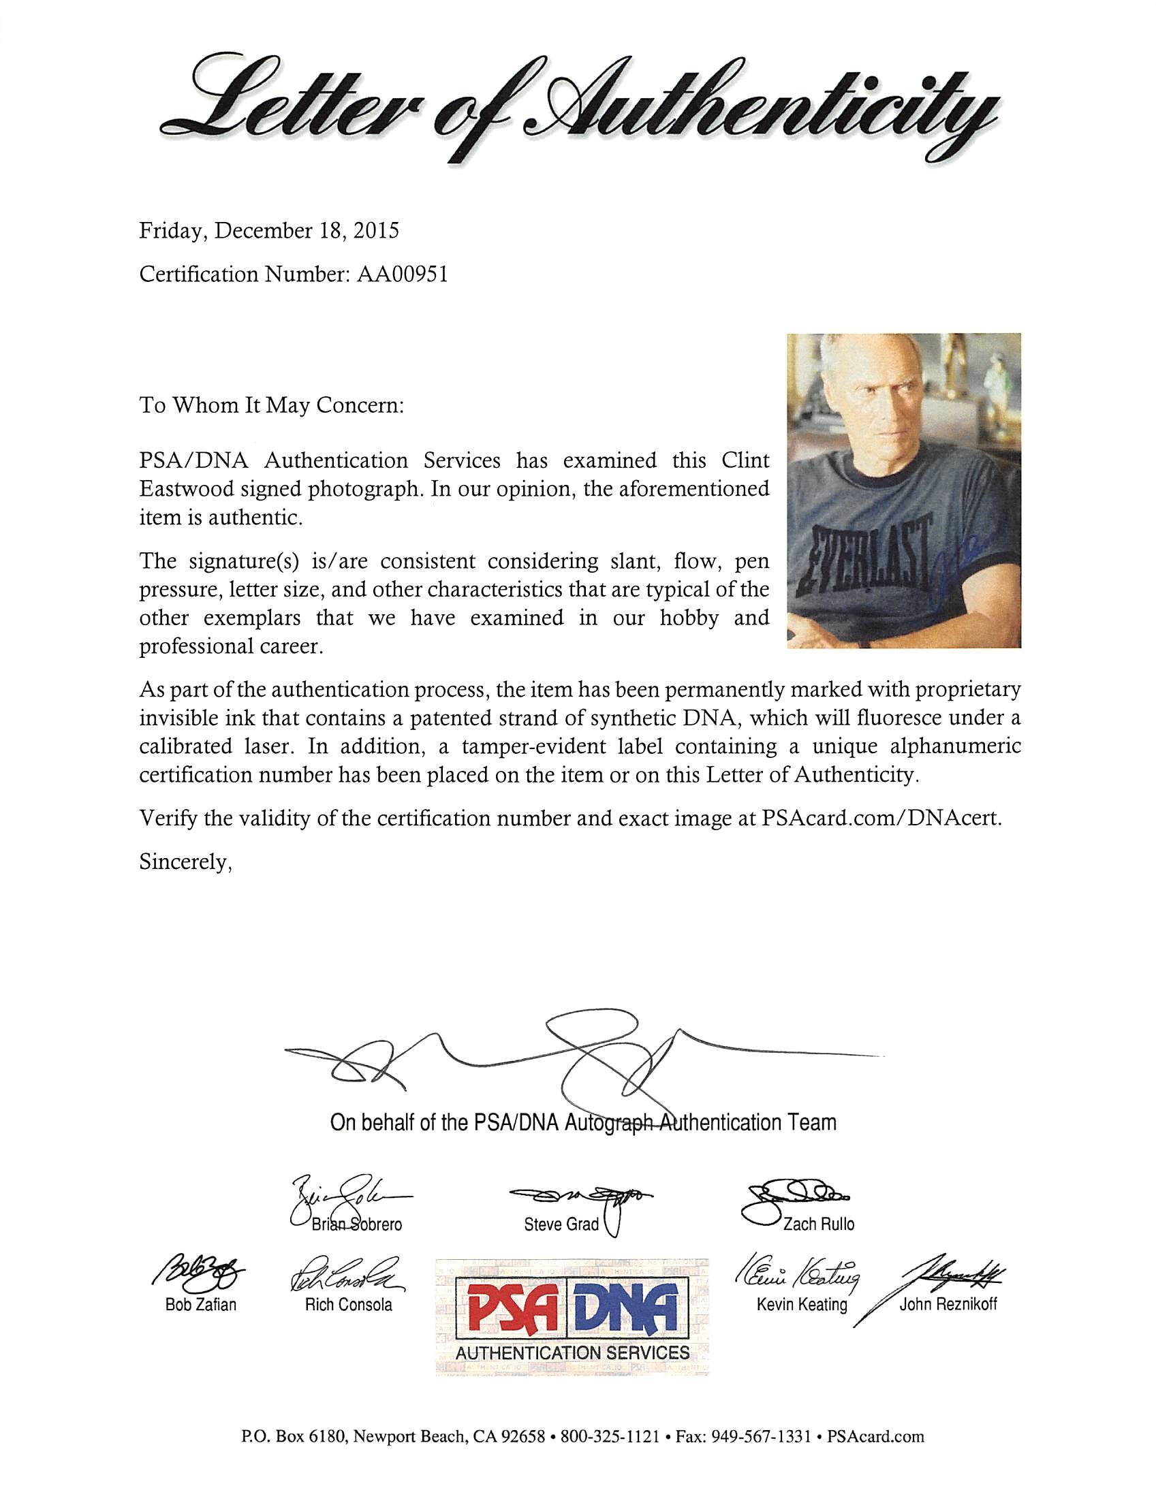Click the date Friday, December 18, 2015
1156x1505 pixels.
click(268, 230)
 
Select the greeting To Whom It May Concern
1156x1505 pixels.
click(271, 405)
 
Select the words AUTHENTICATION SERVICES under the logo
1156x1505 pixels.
click(572, 1352)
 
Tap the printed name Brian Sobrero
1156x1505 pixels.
click(356, 1224)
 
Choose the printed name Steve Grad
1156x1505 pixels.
click(561, 1224)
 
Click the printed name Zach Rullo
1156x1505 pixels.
click(818, 1224)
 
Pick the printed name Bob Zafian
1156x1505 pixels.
click(200, 1305)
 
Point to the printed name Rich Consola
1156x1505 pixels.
click(348, 1305)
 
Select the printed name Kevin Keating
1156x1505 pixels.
click(802, 1305)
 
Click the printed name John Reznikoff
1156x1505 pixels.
click(948, 1304)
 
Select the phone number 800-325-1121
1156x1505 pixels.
click(610, 1436)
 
